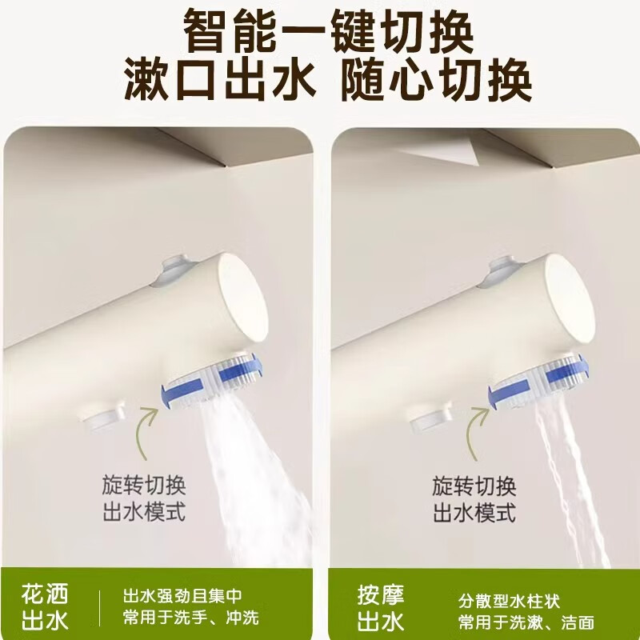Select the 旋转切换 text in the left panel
click(144, 486)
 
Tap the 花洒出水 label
click(46, 607)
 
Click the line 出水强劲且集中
click(182, 595)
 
